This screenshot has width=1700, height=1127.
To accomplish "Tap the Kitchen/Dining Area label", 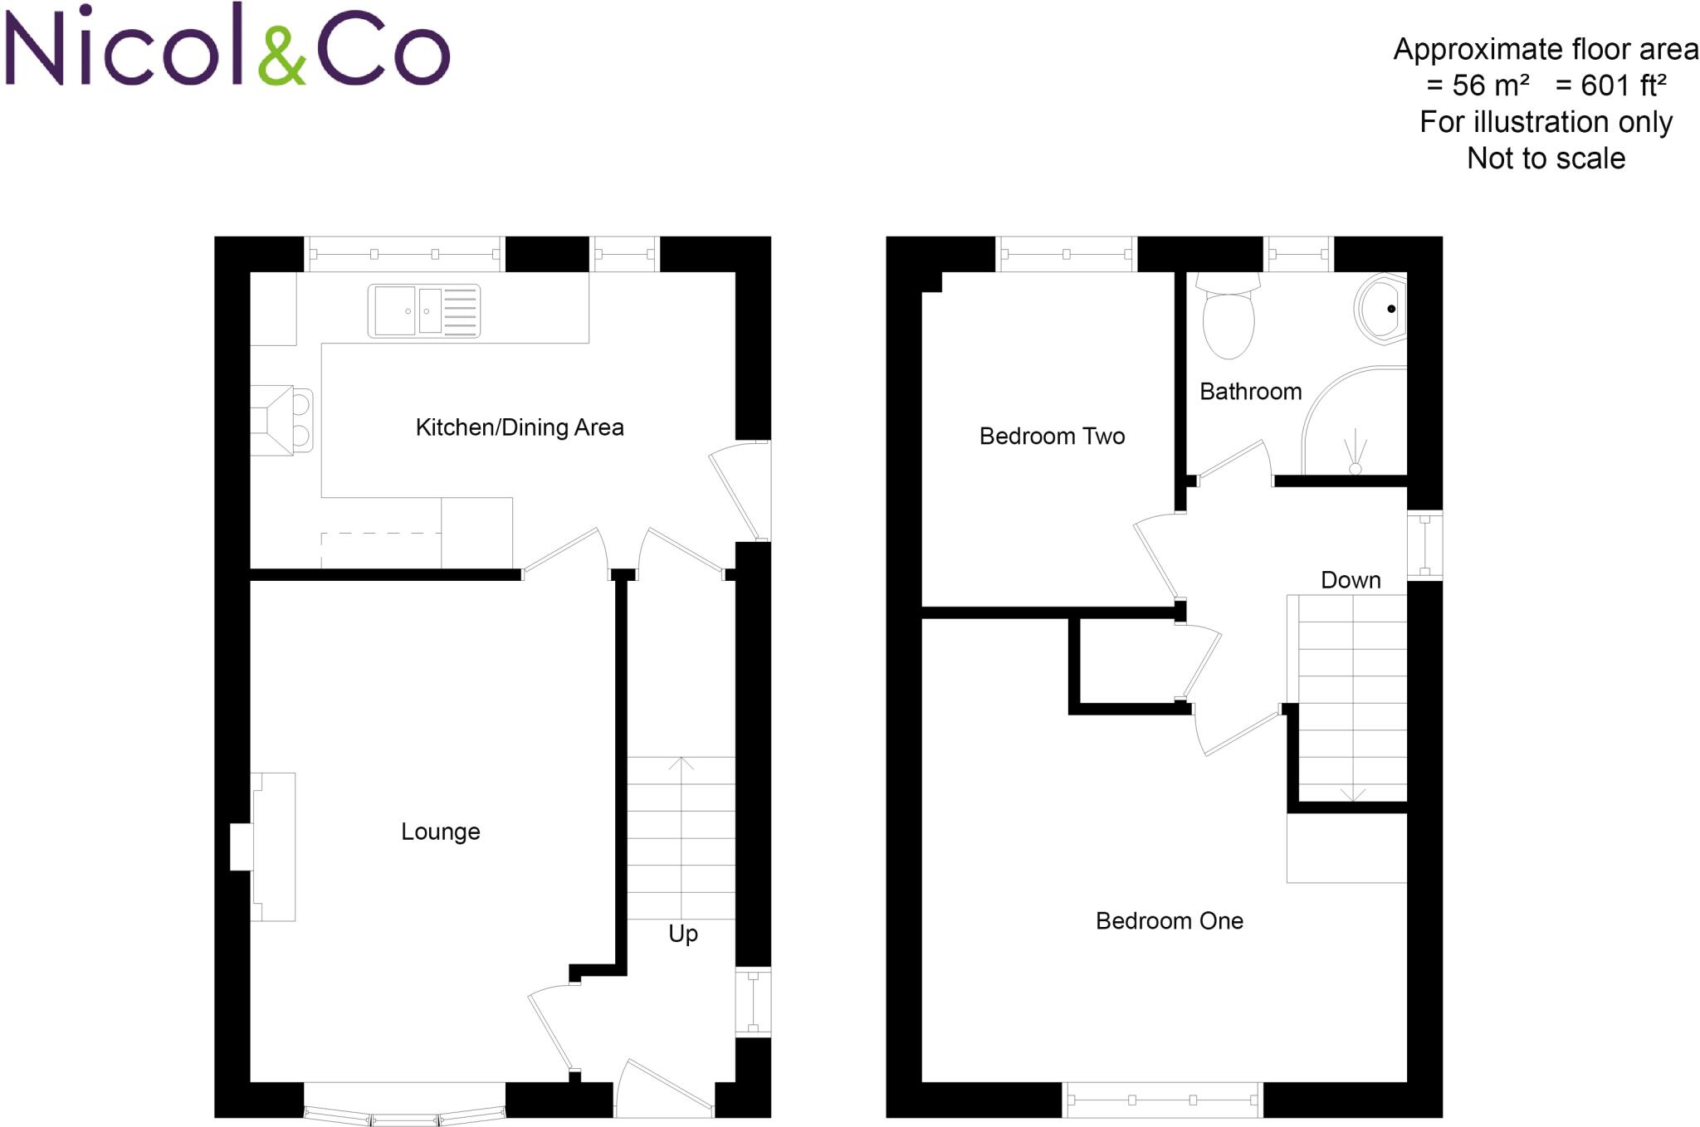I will point(520,427).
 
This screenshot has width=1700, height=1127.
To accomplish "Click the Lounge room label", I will point(440,832).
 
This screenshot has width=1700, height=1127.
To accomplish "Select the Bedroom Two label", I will point(1052,437).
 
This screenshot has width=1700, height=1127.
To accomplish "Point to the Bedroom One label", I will point(1169,921).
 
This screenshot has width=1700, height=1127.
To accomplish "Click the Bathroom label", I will point(1250,392).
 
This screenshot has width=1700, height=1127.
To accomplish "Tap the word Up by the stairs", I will point(682,934).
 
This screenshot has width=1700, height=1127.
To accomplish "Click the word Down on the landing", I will point(1351,580).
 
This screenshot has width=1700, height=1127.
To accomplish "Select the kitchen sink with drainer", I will point(424,311).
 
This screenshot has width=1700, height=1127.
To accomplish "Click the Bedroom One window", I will point(1162,1100).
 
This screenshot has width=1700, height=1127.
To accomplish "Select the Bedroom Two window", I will point(1067,254).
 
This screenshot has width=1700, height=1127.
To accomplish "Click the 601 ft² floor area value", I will point(1611,85).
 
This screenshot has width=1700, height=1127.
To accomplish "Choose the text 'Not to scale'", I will point(1546,159).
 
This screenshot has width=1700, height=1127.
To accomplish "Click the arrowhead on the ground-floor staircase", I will point(681,763).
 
